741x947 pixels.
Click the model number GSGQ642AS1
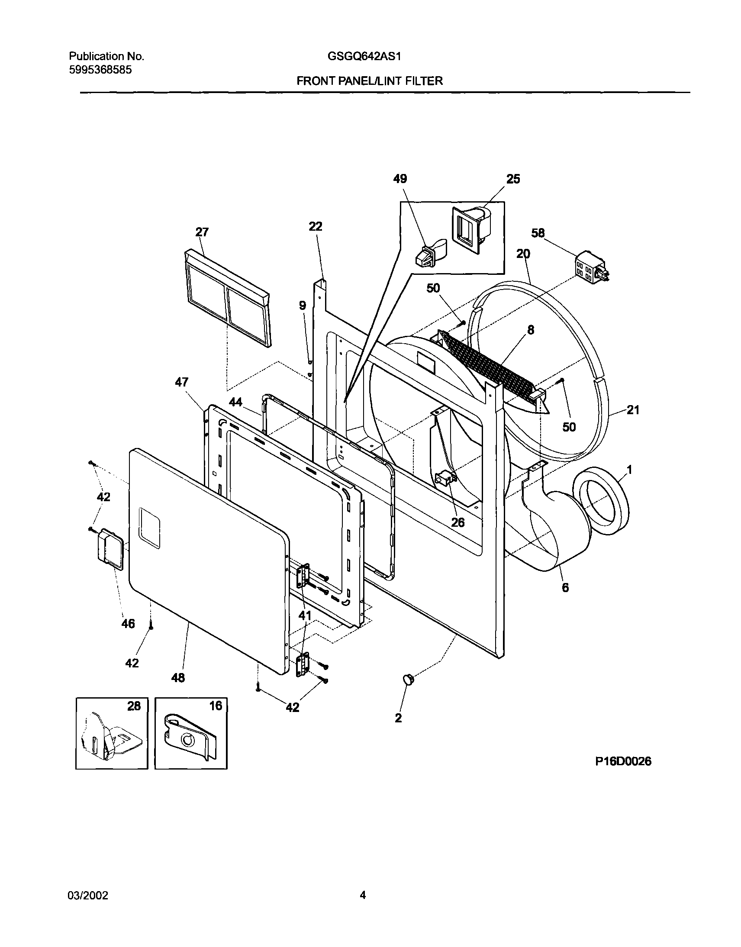click(x=364, y=56)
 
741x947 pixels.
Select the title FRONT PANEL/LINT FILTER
click(x=370, y=81)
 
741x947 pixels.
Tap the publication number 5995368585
click(x=101, y=70)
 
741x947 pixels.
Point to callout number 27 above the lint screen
click(x=202, y=232)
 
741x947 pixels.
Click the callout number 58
click(x=538, y=233)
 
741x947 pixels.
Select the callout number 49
click(x=400, y=179)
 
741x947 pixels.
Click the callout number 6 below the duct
click(x=565, y=587)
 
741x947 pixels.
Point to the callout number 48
click(x=178, y=678)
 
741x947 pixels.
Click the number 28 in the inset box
click(x=134, y=706)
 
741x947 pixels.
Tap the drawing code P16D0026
click(x=622, y=761)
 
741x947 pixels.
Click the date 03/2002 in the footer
click(x=88, y=895)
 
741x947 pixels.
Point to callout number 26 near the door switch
click(x=457, y=522)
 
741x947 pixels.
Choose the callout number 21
click(x=633, y=409)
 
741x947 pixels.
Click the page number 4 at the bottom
click(x=363, y=895)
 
